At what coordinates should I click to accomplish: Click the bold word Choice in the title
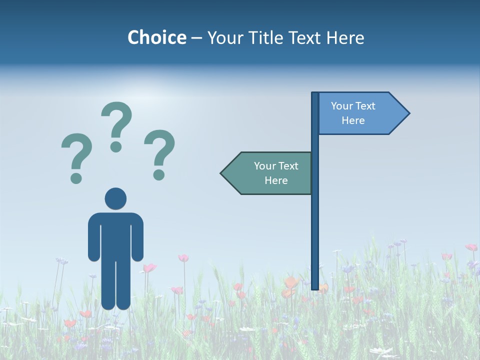point(156,37)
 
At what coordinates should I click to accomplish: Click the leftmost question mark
point(76,155)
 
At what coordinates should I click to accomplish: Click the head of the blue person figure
point(115,198)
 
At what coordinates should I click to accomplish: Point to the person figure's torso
point(115,235)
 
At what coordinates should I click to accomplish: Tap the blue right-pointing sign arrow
point(362,113)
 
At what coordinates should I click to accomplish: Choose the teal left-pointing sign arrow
point(267,173)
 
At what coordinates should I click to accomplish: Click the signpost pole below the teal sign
point(315,240)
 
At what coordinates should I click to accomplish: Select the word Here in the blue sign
point(353,120)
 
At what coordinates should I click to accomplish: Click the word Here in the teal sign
point(276,180)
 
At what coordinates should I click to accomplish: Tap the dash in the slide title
point(196,38)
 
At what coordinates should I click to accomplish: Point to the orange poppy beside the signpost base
point(290,284)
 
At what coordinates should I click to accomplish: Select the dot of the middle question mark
point(116,146)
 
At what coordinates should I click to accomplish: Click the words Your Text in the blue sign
point(353,106)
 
